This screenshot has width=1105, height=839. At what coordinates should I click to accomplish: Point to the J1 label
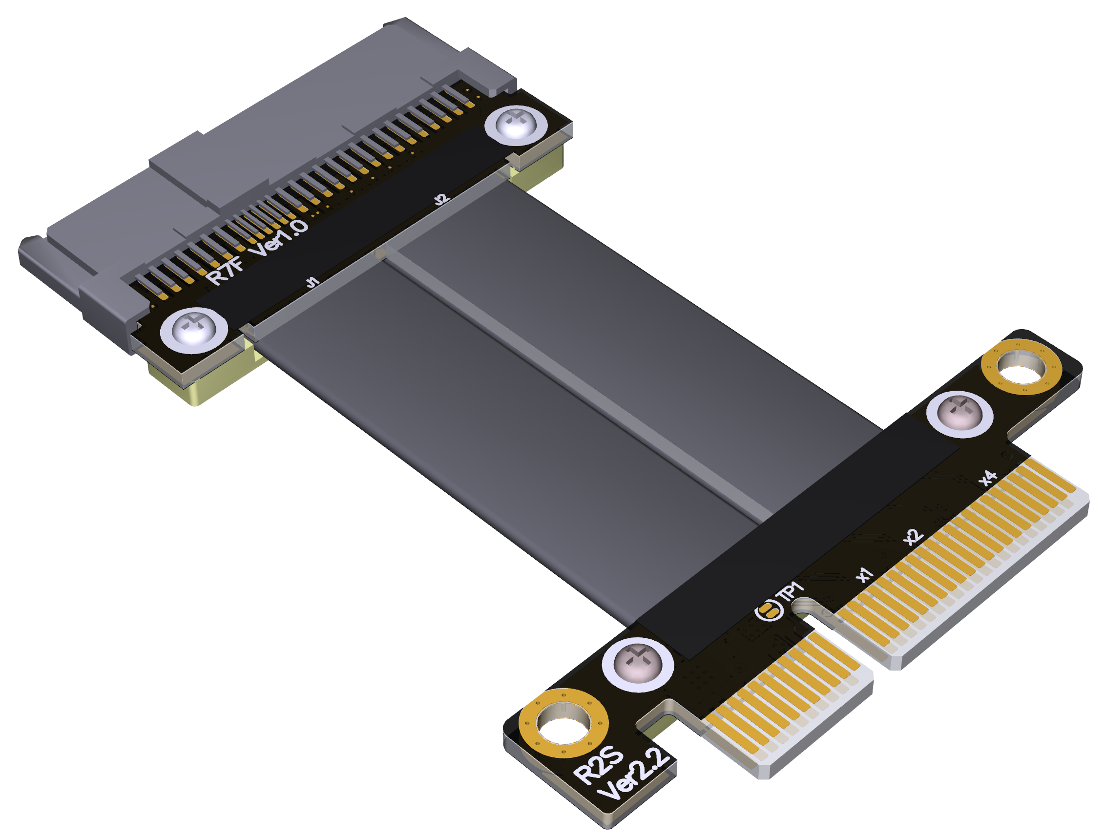(x=313, y=282)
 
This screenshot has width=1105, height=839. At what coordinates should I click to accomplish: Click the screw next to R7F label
(x=194, y=330)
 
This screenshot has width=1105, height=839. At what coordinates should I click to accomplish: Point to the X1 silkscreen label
(x=864, y=575)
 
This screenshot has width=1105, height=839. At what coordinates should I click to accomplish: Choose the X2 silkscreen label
(x=913, y=537)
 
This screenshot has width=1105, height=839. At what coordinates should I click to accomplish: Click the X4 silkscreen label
(x=988, y=478)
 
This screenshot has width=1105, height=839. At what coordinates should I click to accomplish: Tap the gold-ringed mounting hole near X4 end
(x=1021, y=366)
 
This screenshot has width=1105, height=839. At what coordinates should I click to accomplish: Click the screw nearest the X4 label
(x=959, y=414)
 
